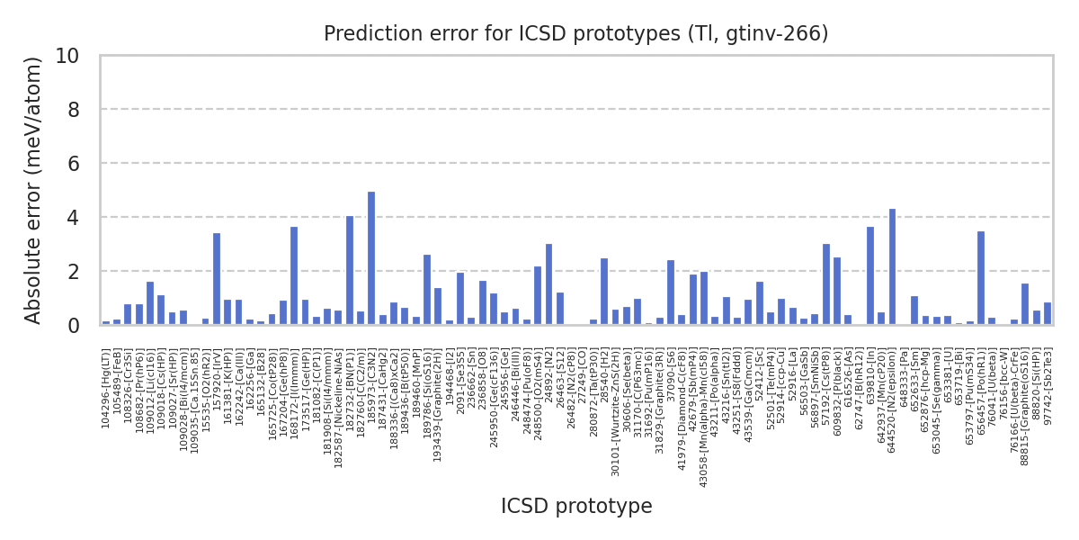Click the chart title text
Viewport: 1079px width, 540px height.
pyautogui.click(x=575, y=34)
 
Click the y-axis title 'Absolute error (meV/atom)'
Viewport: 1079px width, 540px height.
pyautogui.click(x=34, y=190)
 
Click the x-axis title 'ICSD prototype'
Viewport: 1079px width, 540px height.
pyautogui.click(x=576, y=507)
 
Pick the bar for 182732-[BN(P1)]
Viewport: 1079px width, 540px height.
pyautogui.click(x=350, y=270)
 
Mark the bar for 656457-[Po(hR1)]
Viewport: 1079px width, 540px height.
pyautogui.click(x=981, y=278)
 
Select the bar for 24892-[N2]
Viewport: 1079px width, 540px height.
pyautogui.click(x=548, y=284)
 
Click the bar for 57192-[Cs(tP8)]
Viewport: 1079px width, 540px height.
pyautogui.click(x=826, y=284)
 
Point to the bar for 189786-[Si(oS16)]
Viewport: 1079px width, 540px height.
pyautogui.click(x=427, y=290)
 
